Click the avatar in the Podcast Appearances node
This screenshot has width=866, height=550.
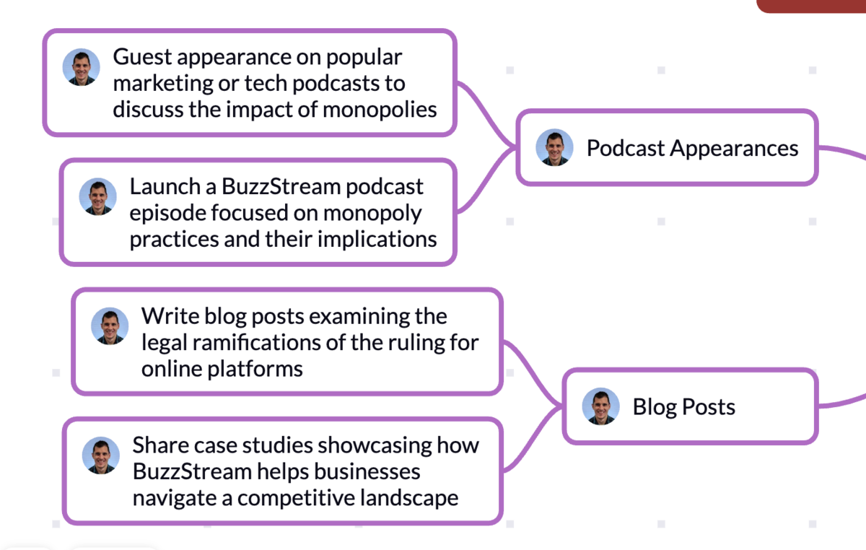(x=554, y=148)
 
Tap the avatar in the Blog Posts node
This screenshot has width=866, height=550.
(x=601, y=406)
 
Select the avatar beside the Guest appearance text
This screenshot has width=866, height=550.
(x=81, y=68)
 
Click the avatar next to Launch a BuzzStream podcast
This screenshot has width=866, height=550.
(x=97, y=196)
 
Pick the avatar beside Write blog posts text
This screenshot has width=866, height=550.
(x=110, y=326)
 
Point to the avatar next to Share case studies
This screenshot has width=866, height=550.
(x=100, y=455)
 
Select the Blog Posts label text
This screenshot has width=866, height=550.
(x=683, y=407)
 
